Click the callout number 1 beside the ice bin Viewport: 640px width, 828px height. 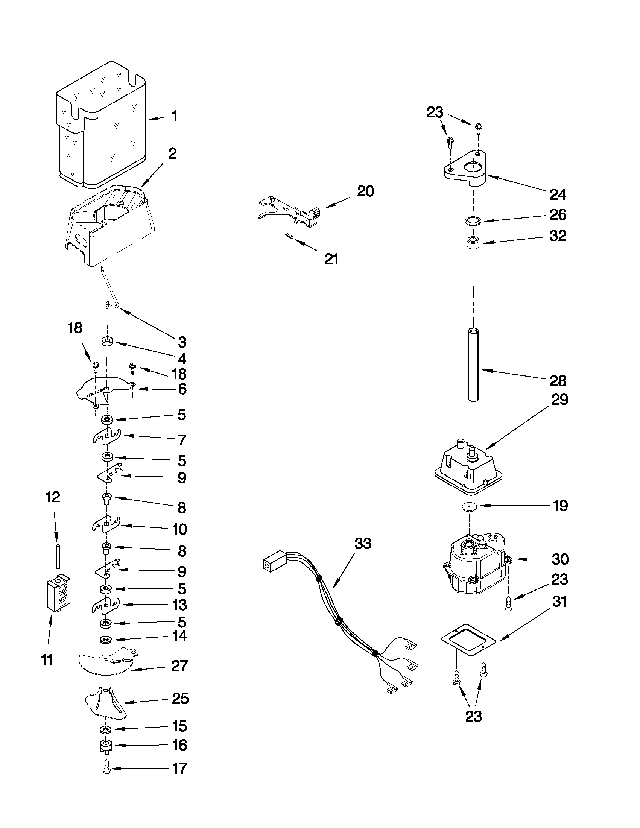(175, 116)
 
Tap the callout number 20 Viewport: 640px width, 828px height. (365, 191)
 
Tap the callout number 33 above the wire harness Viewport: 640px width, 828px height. (363, 544)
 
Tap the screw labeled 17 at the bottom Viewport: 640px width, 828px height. (106, 769)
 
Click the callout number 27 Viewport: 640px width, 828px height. (179, 666)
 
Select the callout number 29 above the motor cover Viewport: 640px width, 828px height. (559, 400)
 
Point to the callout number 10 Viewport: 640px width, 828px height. (179, 529)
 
